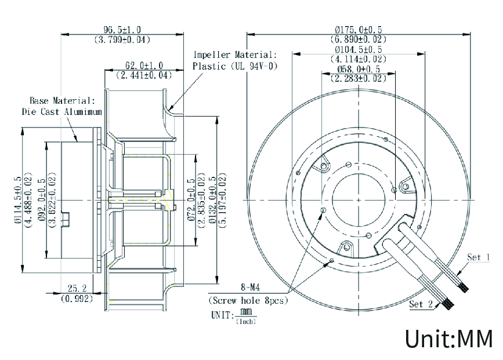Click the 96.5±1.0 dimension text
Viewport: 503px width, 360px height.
122,30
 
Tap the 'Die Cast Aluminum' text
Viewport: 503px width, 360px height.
62,111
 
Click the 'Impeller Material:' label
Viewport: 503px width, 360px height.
235,55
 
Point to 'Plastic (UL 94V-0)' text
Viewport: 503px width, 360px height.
235,66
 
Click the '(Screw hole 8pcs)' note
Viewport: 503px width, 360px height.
248,300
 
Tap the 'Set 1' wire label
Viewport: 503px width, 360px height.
479,257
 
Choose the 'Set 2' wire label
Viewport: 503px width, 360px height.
421,304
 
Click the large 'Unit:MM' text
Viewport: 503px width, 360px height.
448,339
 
